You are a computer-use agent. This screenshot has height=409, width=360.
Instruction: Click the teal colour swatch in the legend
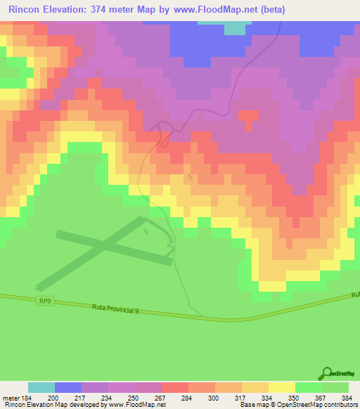pyautogui.click(x=41, y=387)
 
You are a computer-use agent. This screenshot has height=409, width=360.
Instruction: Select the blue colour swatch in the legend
pyautogui.click(x=68, y=387)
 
